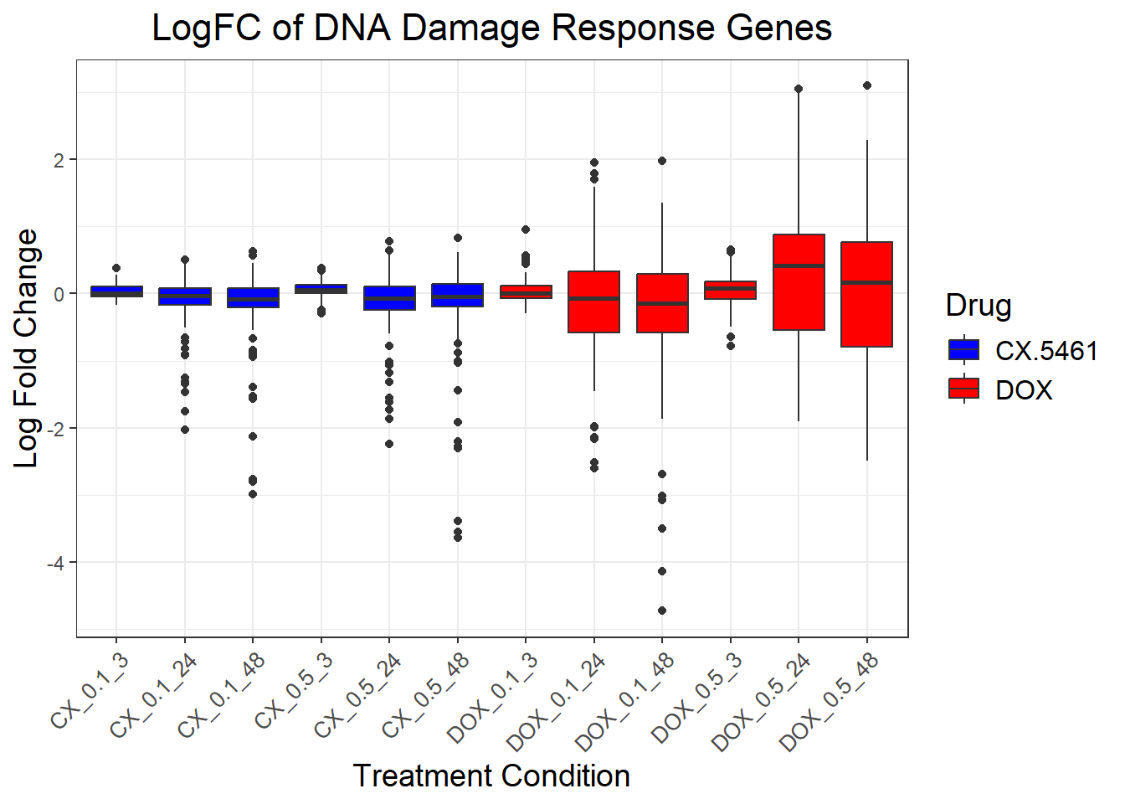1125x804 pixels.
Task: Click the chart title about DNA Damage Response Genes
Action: tap(491, 28)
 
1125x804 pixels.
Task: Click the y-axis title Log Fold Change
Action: tap(27, 348)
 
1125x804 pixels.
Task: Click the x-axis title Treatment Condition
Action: tap(491, 776)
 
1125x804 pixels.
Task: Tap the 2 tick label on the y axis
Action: tap(59, 160)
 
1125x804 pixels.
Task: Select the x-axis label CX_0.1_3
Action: tap(90, 691)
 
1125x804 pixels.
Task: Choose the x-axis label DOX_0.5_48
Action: tap(830, 702)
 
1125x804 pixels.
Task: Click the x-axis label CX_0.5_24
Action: tap(358, 696)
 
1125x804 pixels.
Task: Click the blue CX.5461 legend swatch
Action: tap(963, 350)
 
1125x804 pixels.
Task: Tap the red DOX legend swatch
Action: tap(963, 389)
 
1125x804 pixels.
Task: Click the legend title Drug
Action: tap(978, 306)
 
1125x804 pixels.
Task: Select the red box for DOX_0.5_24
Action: tap(799, 282)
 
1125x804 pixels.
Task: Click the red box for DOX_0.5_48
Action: tap(866, 294)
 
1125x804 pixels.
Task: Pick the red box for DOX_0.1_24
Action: tap(593, 301)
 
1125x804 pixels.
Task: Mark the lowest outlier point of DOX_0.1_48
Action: tap(662, 611)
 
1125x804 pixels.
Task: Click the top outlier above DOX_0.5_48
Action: tap(867, 85)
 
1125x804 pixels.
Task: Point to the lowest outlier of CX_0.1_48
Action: tap(253, 494)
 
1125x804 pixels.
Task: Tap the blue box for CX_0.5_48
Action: tap(457, 295)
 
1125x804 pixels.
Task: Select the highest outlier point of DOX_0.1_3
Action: tap(526, 229)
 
